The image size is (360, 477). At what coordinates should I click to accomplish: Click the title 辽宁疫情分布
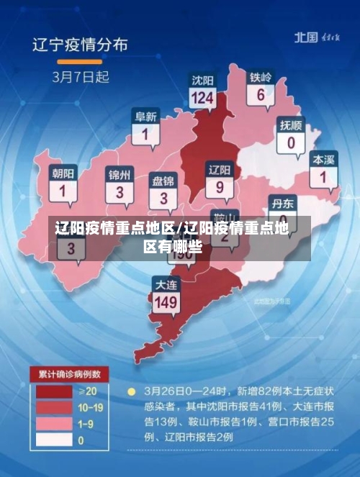(x=80, y=45)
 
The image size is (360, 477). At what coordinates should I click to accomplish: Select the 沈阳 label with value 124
(x=203, y=88)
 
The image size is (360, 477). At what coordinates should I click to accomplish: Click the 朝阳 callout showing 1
(x=62, y=184)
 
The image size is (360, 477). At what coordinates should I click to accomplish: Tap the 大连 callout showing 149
(x=166, y=295)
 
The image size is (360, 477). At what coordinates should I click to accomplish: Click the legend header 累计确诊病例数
(x=69, y=374)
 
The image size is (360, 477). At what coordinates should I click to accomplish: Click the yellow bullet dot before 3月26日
(x=131, y=393)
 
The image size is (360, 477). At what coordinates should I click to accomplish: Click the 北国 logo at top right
(x=305, y=37)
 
